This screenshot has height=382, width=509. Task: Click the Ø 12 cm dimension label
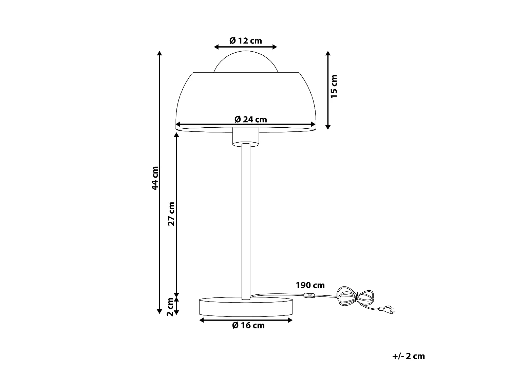tap(246, 41)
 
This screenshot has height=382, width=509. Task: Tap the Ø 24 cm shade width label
tap(251, 119)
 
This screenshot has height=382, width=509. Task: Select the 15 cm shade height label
tap(334, 86)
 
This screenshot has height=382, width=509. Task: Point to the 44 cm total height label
tap(155, 178)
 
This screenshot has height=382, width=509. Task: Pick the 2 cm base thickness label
tap(170, 306)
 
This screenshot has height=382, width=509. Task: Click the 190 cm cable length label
tap(310, 285)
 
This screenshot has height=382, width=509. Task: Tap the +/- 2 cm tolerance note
tap(409, 356)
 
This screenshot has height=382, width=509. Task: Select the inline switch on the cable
tap(309, 295)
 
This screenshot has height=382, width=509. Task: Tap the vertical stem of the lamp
tap(246, 221)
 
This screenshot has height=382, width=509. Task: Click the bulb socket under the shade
tap(246, 137)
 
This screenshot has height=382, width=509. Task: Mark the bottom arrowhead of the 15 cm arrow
tap(328, 127)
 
